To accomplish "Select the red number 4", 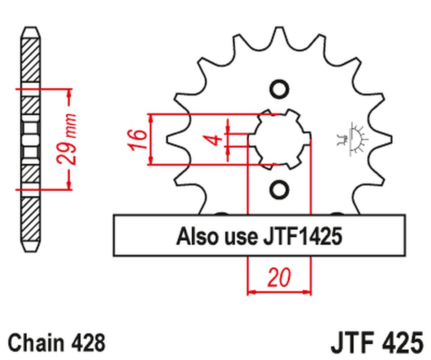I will point(216,139).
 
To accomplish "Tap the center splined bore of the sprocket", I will point(279,139).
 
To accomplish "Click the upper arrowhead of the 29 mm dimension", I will point(69,93).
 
